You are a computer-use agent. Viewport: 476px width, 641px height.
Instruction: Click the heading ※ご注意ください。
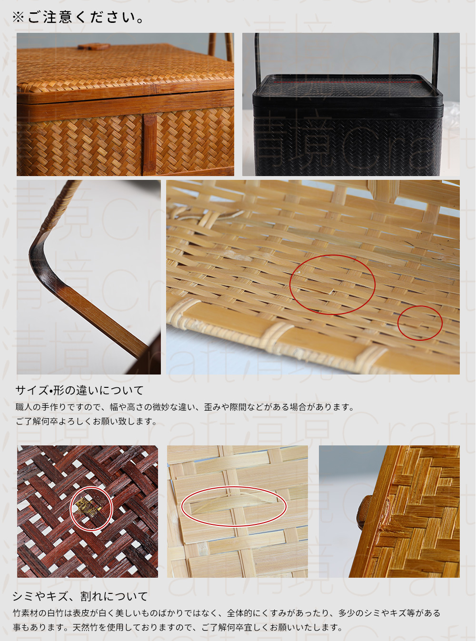(x=79, y=18)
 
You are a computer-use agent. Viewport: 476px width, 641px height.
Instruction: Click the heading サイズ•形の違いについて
(x=79, y=391)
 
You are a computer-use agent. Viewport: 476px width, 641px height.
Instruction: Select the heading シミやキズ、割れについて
(x=80, y=596)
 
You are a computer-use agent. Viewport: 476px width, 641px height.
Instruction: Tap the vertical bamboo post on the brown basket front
(x=149, y=143)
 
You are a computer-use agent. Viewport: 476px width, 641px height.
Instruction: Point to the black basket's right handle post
(x=435, y=59)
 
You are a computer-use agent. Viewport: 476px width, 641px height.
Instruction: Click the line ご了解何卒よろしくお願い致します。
(x=86, y=422)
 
